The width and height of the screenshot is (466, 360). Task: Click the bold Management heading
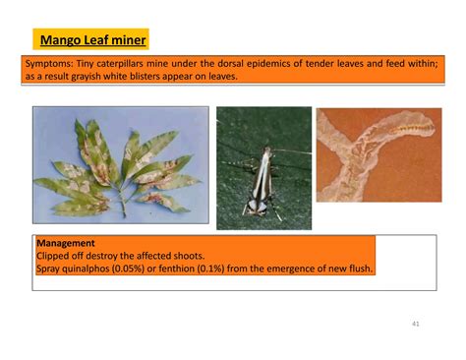point(66,243)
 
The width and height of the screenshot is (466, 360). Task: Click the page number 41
point(416,324)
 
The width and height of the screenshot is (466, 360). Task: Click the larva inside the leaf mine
point(414,127)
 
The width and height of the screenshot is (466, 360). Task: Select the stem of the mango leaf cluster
point(122,203)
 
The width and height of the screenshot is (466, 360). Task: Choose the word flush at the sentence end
point(361,269)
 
